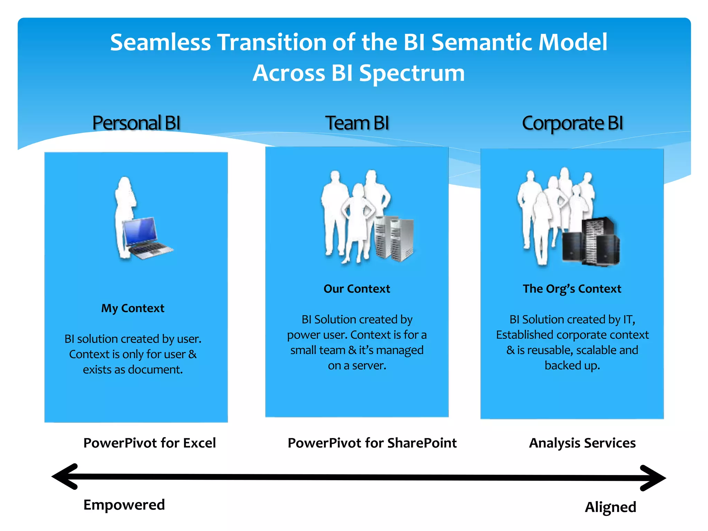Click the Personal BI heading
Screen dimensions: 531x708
pyautogui.click(x=136, y=123)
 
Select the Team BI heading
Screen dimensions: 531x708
pyautogui.click(x=357, y=123)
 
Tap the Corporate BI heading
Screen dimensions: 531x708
pyautogui.click(x=572, y=123)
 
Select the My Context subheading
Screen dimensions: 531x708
pyautogui.click(x=133, y=308)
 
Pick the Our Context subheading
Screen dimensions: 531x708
pyautogui.click(x=357, y=289)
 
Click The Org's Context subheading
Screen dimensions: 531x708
pyautogui.click(x=572, y=289)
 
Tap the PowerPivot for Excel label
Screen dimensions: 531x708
pyautogui.click(x=149, y=443)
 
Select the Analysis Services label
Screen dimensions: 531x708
pyautogui.click(x=582, y=443)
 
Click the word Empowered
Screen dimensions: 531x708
pyautogui.click(x=124, y=505)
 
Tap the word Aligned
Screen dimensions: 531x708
pyautogui.click(x=611, y=507)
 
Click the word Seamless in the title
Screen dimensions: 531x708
pyautogui.click(x=160, y=42)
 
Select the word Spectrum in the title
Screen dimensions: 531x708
pyautogui.click(x=412, y=73)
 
